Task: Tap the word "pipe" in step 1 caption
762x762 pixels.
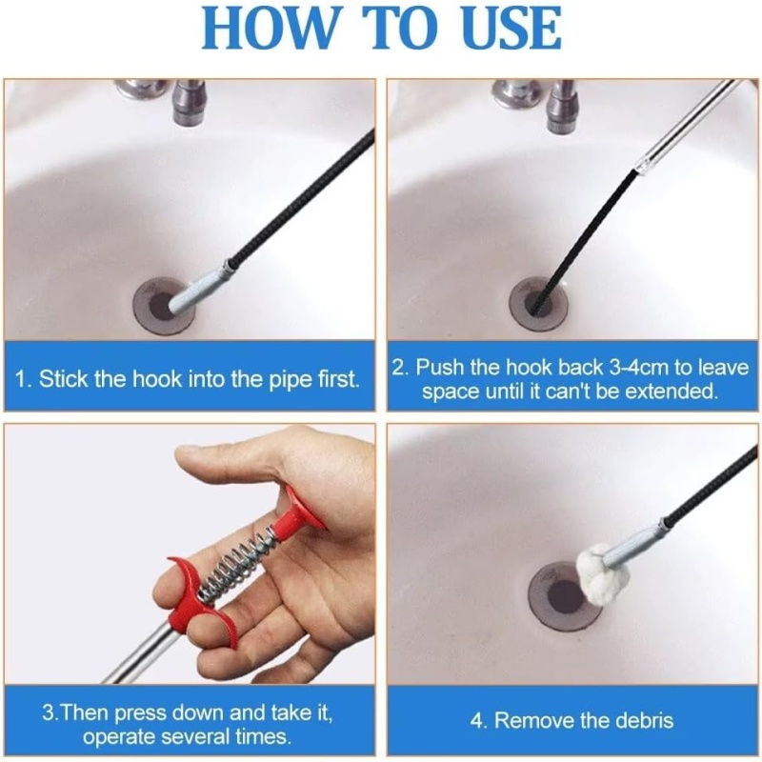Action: click(290, 378)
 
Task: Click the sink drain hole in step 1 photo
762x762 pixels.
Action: click(164, 306)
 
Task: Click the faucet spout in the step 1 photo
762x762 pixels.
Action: click(190, 103)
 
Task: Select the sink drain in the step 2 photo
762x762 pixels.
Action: click(538, 304)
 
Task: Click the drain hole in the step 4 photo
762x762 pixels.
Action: click(564, 596)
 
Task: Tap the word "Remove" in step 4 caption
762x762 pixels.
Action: click(528, 720)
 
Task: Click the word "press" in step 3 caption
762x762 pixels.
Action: click(141, 713)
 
